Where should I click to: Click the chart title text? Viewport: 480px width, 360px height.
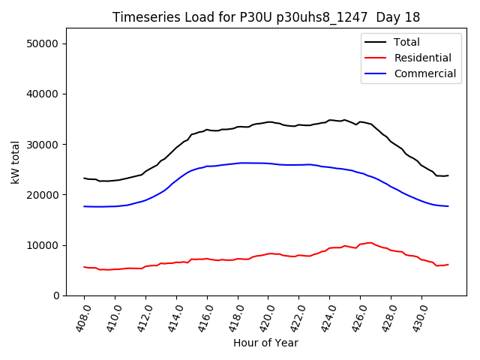coord(266,17)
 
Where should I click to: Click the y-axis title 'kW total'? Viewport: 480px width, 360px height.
coord(16,162)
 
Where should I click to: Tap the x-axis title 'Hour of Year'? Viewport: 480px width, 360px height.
coord(265,343)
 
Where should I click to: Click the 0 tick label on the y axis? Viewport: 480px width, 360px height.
coord(56,295)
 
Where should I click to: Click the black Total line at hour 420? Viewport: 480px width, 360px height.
coord(268,121)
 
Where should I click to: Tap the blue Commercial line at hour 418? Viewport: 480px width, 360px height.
coord(238,163)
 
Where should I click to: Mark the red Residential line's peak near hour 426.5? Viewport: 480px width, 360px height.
coord(369,242)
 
